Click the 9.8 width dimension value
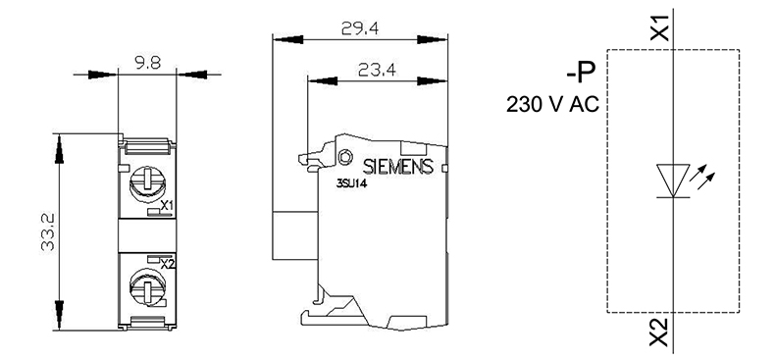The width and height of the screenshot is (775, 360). coord(147,63)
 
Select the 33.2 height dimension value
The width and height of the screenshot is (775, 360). coord(47,231)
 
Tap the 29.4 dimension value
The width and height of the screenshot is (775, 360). coord(360,29)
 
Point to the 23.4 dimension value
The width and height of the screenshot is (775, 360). coord(377,71)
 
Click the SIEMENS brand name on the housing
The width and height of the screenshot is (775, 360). coord(398,167)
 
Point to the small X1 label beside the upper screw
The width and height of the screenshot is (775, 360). coord(167,205)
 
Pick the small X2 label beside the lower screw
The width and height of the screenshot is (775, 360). coord(168,265)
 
